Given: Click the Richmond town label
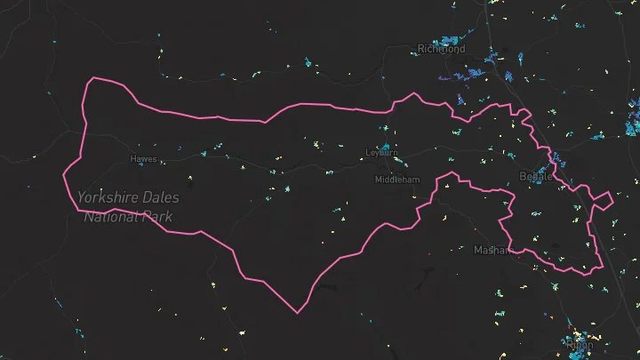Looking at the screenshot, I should click(441, 49).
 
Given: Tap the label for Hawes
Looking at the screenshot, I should click(143, 159).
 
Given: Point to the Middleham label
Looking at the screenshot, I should click(397, 180).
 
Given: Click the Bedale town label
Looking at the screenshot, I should click(535, 176).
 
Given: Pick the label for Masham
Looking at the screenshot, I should click(492, 251).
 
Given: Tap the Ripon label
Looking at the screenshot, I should click(580, 345).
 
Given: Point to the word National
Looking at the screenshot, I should click(113, 216).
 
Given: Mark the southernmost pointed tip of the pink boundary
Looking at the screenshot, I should click(298, 313).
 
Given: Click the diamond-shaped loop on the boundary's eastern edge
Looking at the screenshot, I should click(603, 200).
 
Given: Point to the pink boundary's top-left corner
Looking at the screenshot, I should click(91, 79).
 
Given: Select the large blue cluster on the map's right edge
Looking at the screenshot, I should click(633, 120).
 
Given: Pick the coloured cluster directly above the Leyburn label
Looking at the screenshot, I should click(385, 145).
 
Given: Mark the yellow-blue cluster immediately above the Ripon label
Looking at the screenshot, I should click(578, 335).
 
